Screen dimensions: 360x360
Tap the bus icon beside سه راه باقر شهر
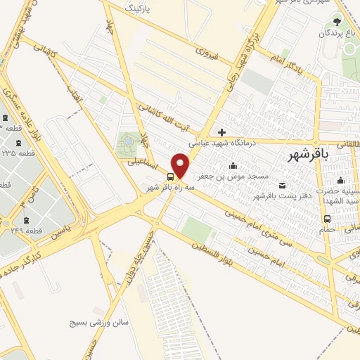171,176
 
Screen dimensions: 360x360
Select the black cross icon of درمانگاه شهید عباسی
222,131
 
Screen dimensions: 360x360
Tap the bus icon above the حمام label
327,218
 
